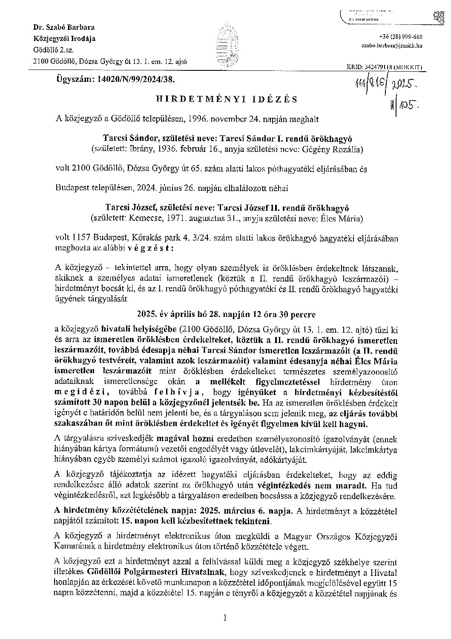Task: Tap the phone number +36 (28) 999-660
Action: pos(400,37)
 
